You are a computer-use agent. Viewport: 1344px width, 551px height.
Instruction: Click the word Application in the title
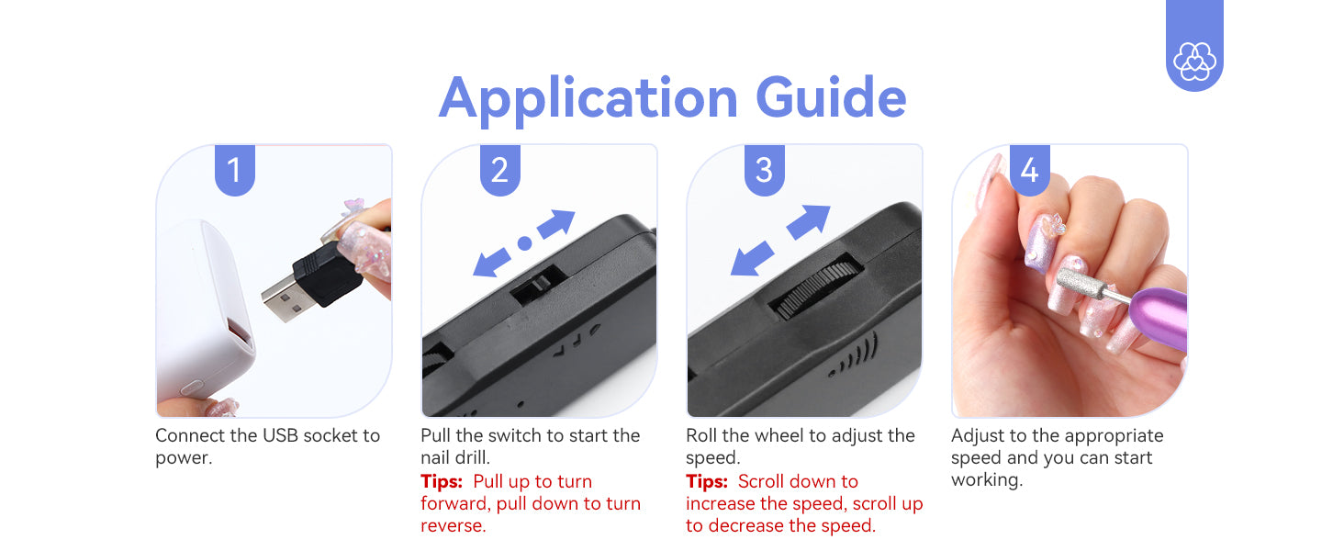(588, 99)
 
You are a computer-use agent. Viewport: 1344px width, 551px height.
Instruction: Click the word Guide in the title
(831, 96)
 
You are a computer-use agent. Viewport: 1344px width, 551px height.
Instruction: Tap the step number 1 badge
(235, 170)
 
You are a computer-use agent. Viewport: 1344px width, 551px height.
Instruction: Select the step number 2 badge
(499, 170)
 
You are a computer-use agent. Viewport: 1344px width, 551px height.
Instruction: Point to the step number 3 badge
(765, 170)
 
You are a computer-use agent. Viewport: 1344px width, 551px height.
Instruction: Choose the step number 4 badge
(1030, 170)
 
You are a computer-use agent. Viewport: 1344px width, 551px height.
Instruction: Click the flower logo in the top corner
(1194, 61)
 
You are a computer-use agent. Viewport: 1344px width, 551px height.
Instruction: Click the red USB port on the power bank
(240, 332)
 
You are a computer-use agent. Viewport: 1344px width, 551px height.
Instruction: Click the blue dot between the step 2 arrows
(524, 243)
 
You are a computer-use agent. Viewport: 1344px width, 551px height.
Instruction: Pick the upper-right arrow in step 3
(808, 221)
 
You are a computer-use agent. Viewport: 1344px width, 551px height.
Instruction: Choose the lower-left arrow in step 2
(491, 263)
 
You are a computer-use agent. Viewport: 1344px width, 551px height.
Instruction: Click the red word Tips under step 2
(442, 481)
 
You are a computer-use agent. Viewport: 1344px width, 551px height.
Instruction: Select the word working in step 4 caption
(987, 480)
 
